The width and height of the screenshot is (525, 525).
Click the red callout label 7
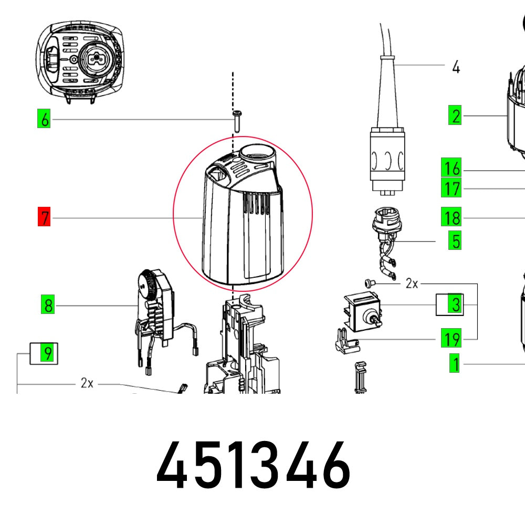pos(45,217)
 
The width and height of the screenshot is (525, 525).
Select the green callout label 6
pos(45,120)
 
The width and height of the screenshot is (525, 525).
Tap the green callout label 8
pos(48,305)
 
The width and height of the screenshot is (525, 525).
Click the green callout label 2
pos(455,115)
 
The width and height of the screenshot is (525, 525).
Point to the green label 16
pos(451,169)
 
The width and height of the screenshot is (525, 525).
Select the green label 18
pos(451,217)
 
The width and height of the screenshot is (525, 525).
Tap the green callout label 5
pos(455,241)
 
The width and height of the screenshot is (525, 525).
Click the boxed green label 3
pos(455,304)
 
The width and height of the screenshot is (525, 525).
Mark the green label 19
pos(451,339)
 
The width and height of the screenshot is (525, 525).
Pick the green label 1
pos(455,363)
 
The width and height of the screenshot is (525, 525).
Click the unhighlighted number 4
pos(456,67)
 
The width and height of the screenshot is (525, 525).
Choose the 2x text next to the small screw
pos(412,284)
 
